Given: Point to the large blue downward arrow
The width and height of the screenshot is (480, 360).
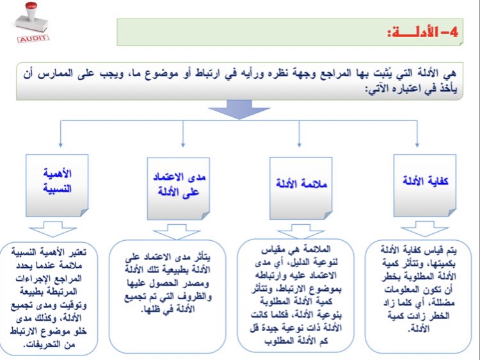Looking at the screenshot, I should pyautogui.click(x=240, y=108).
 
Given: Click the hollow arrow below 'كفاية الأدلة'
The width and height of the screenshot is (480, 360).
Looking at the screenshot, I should pyautogui.click(x=419, y=228).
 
